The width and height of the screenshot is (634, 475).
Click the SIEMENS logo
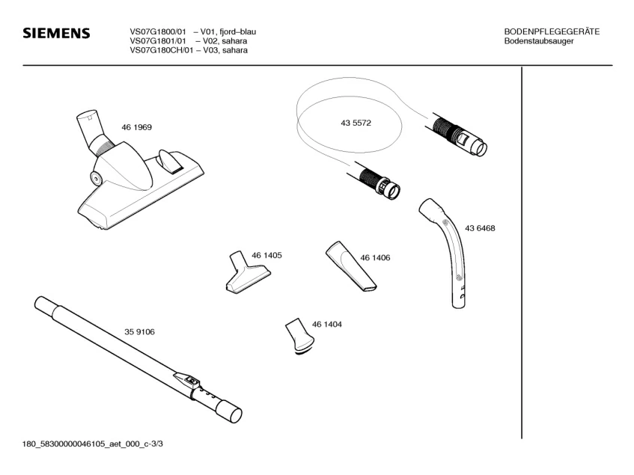56,34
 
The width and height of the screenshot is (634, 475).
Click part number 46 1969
136,127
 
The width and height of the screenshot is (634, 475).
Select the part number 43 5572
356,123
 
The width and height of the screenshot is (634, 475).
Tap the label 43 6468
480,228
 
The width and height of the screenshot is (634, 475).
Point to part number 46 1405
266,255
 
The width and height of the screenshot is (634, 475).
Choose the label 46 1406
375,257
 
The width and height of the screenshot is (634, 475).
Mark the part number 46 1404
327,325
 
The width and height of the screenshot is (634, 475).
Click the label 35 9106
139,331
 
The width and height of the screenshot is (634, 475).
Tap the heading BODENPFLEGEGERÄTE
552,31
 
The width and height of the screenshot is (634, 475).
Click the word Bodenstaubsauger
539,41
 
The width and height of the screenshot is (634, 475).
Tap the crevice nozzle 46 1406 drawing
350,267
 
